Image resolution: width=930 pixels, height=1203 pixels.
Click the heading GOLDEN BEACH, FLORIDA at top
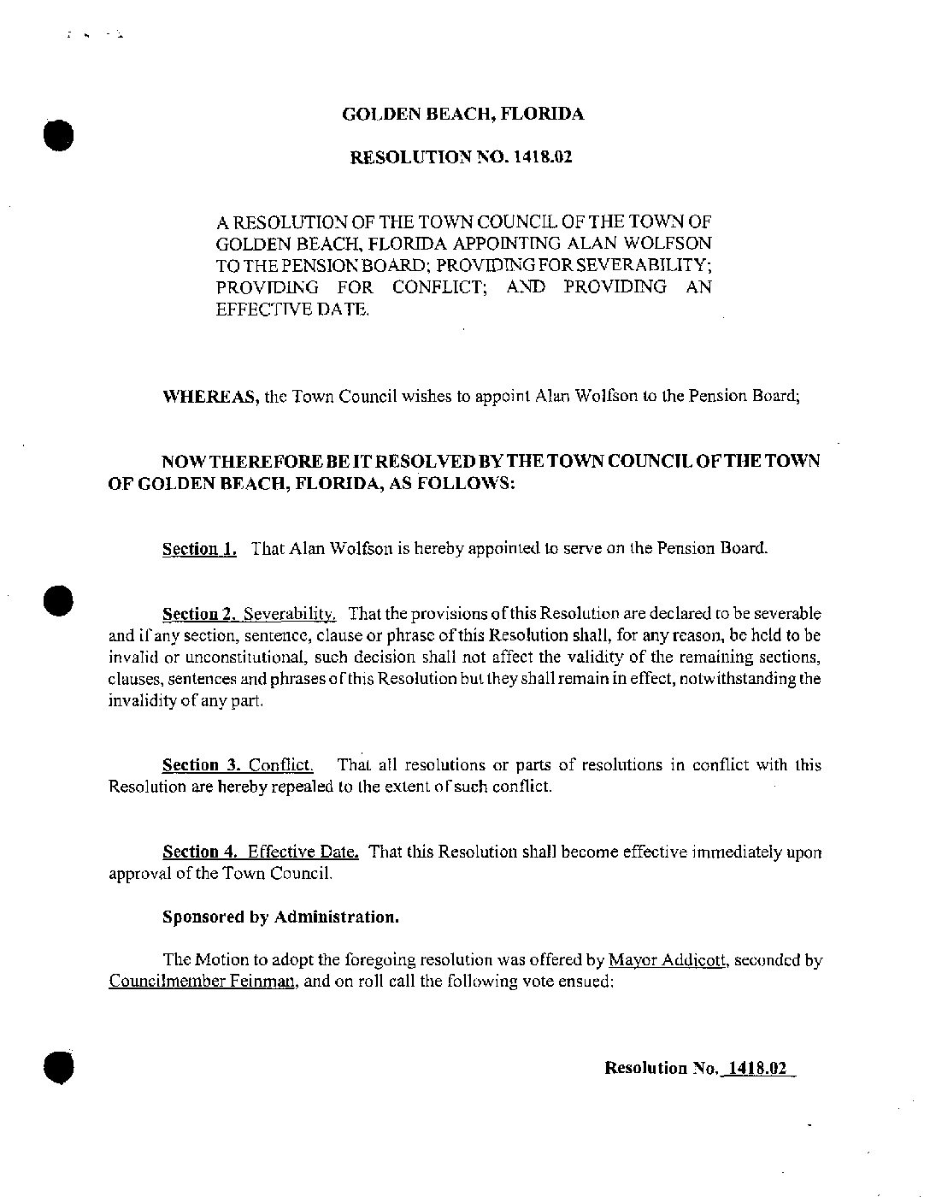point(462,115)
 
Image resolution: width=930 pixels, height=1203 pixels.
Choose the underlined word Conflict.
point(281,764)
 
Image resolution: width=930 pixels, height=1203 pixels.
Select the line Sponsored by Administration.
point(280,917)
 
